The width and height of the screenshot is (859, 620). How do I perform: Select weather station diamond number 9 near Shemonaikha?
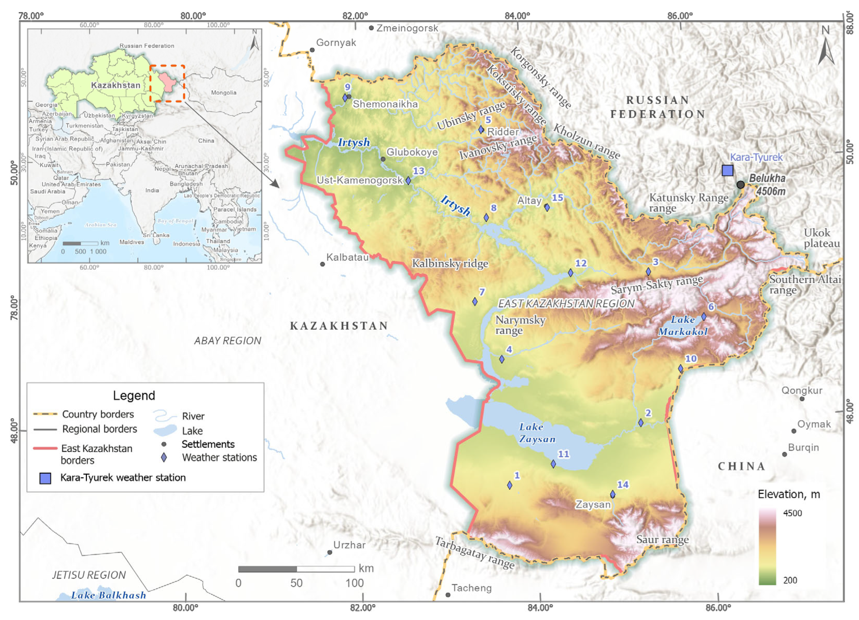(345, 98)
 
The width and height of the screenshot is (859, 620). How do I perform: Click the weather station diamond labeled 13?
(408, 181)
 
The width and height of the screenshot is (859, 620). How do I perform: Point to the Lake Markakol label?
(683, 325)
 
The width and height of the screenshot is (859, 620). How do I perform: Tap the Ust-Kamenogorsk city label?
(359, 180)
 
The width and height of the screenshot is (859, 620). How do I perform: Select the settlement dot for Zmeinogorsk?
(371, 28)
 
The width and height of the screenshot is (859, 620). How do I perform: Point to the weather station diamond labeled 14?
(612, 494)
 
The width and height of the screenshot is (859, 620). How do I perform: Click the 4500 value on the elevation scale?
(792, 513)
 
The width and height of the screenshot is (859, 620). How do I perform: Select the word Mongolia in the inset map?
(223, 93)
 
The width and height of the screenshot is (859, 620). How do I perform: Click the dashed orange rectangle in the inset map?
(167, 83)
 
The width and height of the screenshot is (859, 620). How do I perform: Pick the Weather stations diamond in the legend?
(164, 458)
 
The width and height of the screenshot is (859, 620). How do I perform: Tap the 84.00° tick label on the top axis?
(517, 16)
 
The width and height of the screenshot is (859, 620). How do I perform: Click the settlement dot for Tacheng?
(448, 595)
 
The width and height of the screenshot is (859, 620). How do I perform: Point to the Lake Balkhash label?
(108, 596)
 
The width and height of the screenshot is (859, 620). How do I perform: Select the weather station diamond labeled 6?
(704, 316)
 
